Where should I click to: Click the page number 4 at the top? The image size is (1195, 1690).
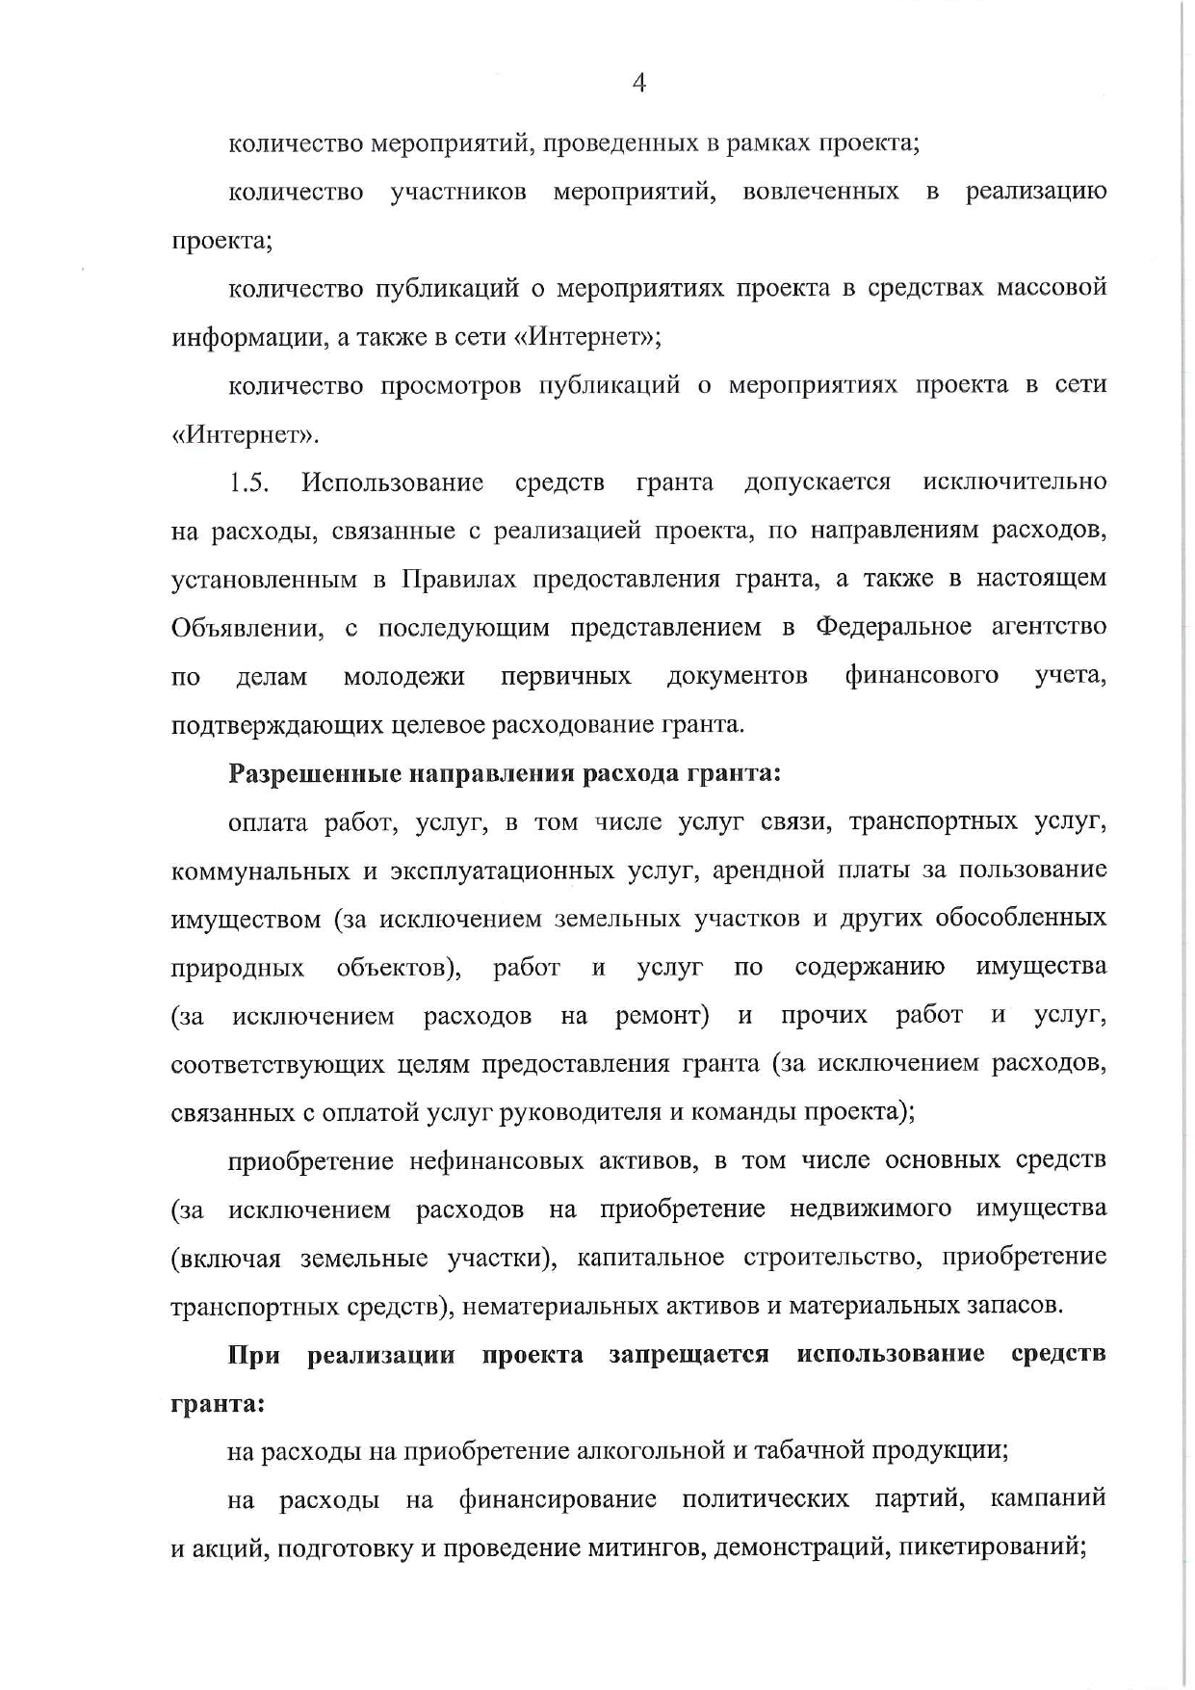[x=638, y=84]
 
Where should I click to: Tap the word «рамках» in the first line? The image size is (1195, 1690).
[x=766, y=143]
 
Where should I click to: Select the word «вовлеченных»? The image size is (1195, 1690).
[x=820, y=192]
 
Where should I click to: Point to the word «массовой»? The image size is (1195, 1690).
[x=1052, y=288]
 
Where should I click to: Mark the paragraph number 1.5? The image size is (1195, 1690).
[x=248, y=482]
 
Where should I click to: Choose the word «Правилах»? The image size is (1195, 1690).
[x=458, y=579]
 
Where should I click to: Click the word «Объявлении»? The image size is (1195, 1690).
[x=247, y=628]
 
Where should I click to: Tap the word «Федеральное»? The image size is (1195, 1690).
[x=893, y=627]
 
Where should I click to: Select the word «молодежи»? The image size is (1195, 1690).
[x=403, y=676]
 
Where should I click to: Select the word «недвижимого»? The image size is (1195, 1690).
[x=870, y=1209]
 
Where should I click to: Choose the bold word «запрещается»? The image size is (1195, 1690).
[x=688, y=1355]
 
